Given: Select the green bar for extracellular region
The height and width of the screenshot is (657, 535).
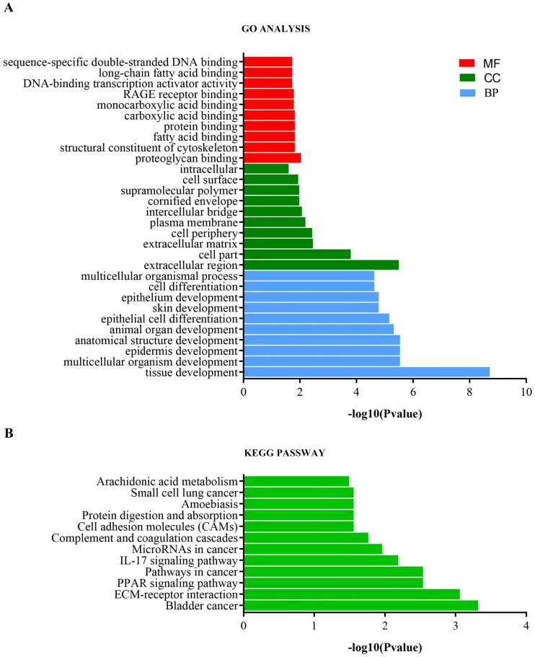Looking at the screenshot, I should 321,265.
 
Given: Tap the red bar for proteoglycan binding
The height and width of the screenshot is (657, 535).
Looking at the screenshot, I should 272,158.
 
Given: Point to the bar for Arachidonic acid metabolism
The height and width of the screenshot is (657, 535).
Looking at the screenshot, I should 296,481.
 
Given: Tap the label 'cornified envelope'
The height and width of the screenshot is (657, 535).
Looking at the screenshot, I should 193,201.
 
